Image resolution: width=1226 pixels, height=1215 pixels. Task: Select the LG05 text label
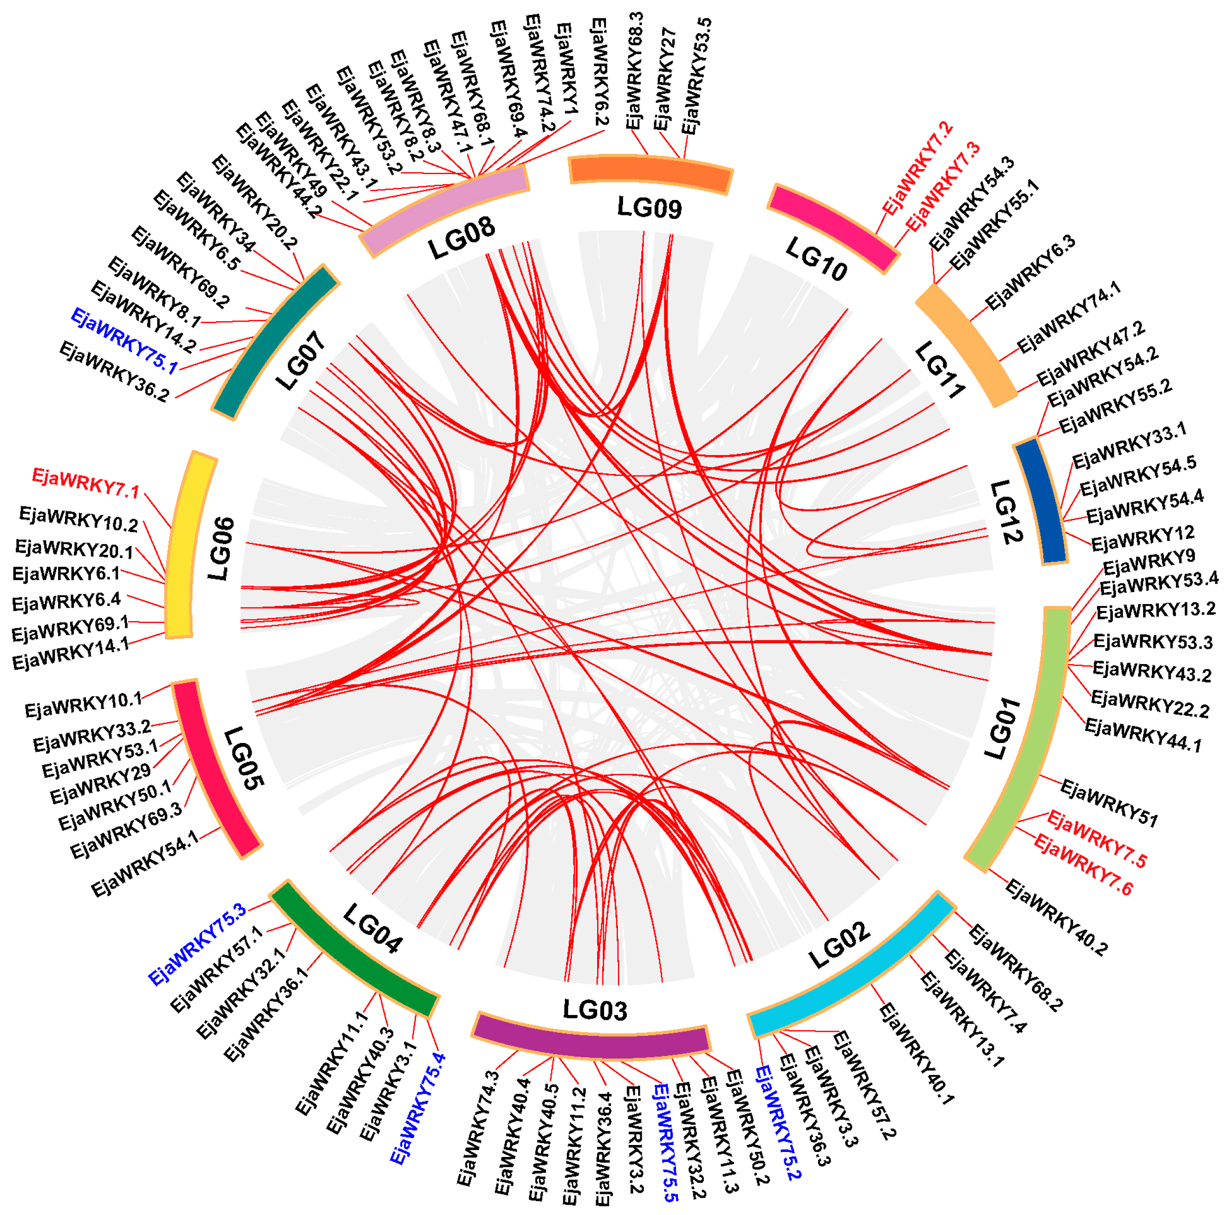[244, 758]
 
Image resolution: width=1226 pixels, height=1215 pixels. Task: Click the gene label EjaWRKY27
[665, 79]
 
